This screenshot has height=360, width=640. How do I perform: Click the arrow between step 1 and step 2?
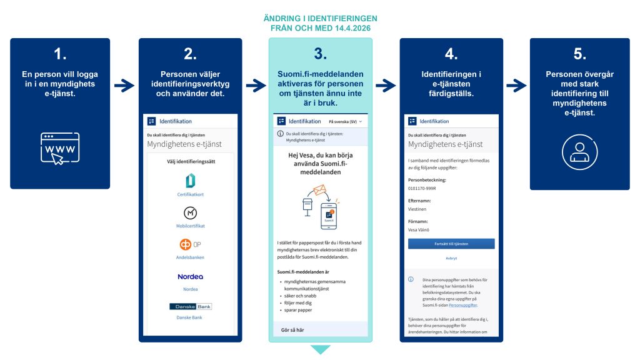coord(124,86)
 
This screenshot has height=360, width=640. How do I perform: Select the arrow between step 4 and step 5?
coord(516,86)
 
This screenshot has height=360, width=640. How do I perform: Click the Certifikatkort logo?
coord(190,181)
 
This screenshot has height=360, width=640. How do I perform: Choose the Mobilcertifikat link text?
coord(190,226)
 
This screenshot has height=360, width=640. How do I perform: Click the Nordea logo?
coord(190,276)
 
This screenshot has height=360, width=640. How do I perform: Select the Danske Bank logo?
coord(190,306)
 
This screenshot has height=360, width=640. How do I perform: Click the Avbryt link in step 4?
coord(451,257)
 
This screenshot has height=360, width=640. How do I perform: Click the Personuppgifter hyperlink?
coord(462,305)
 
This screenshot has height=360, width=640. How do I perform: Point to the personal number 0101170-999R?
coord(422,187)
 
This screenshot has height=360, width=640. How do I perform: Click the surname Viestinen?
coord(419,209)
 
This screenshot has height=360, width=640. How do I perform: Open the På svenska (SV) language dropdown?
coord(346,121)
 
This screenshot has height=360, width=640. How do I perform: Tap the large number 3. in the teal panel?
coord(320,54)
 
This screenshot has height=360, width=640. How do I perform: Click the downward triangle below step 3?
coord(320,349)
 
